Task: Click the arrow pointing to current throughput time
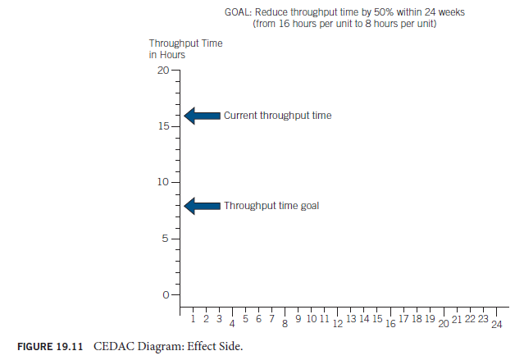[x=202, y=116]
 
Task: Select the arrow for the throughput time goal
[x=202, y=206]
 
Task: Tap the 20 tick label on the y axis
[x=162, y=71]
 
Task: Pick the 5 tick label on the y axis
[x=164, y=239]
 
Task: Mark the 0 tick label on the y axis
[x=164, y=294]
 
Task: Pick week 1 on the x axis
[x=193, y=318]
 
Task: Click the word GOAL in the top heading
[x=238, y=13]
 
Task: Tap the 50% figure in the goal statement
[x=379, y=13]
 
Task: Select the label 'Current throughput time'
[x=277, y=116]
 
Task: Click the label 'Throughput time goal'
[x=271, y=206]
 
